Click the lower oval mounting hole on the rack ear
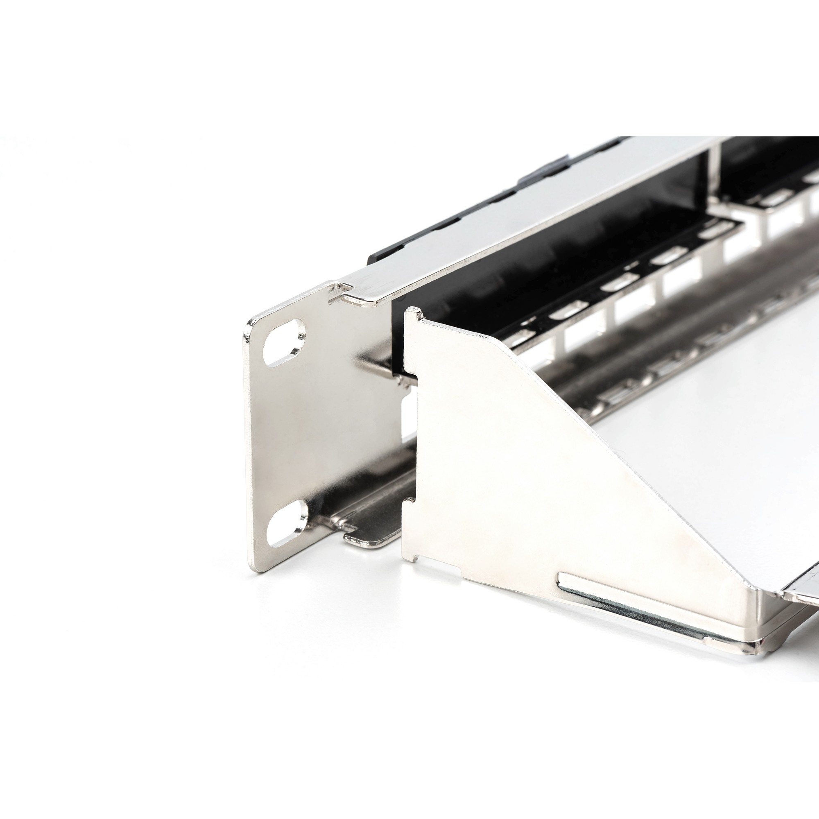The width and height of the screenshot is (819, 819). click(x=287, y=522)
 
